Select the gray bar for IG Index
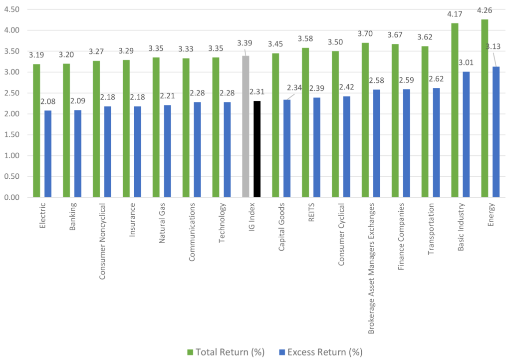pyautogui.click(x=246, y=127)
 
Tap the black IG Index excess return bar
pyautogui.click(x=257, y=149)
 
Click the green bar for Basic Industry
pyautogui.click(x=455, y=110)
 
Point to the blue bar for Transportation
pyautogui.click(x=436, y=143)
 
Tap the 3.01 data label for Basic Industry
pyautogui.click(x=468, y=62)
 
